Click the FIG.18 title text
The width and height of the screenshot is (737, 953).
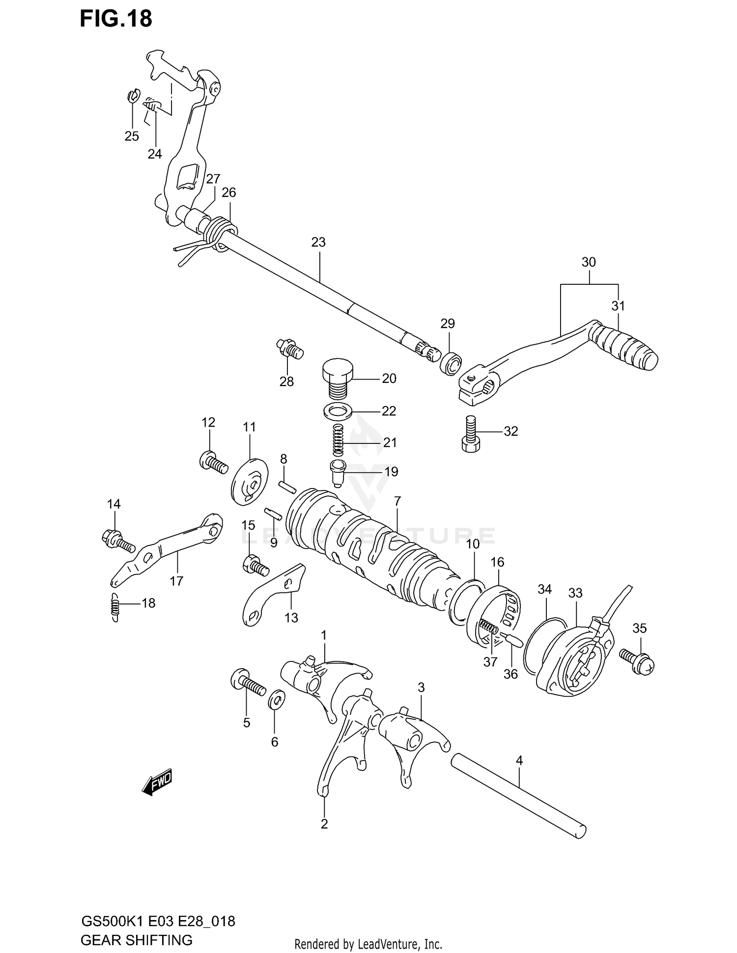click(x=116, y=20)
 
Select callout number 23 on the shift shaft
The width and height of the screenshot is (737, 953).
click(x=318, y=242)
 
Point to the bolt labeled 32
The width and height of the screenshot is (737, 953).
click(x=471, y=433)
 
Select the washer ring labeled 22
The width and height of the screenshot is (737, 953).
click(x=338, y=410)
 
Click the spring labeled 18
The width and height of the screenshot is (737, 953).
click(x=114, y=607)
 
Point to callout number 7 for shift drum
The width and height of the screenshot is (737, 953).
click(x=397, y=501)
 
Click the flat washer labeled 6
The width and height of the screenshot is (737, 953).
click(x=276, y=699)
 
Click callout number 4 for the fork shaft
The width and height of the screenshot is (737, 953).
click(x=519, y=761)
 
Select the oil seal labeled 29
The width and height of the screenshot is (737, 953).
click(x=450, y=364)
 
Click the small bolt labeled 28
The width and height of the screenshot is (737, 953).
click(x=289, y=349)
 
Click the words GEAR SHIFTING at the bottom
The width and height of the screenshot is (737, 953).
click(x=137, y=940)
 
